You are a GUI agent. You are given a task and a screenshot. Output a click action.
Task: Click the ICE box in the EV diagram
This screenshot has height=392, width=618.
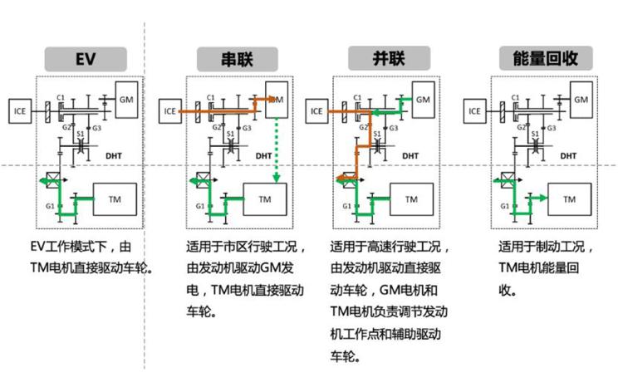(20, 108)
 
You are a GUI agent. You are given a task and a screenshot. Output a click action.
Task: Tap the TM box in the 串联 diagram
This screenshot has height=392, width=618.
(265, 200)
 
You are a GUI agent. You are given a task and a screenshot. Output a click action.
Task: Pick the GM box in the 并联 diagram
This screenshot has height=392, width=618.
(423, 100)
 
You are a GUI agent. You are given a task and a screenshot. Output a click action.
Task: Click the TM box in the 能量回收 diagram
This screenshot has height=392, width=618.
(569, 200)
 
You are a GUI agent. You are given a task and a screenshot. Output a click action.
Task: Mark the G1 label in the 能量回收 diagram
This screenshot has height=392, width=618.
(494, 204)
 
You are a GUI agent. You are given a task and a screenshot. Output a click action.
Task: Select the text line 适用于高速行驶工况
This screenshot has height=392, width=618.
(390, 247)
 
